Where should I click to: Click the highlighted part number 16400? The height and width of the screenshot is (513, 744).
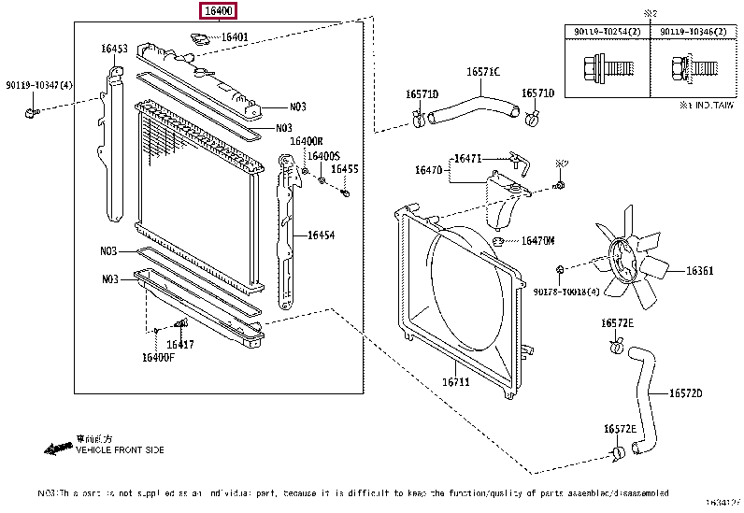click(x=217, y=11)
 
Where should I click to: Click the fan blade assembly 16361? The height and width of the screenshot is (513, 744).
click(x=636, y=264)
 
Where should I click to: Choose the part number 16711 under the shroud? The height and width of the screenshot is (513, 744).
click(x=454, y=381)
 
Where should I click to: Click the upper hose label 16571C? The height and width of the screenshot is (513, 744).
click(x=483, y=71)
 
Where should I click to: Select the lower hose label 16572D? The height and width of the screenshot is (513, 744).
click(x=685, y=392)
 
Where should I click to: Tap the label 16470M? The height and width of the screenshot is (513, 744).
click(x=537, y=240)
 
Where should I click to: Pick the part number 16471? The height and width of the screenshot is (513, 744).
click(x=467, y=159)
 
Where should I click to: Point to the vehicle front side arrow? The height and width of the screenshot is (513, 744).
click(x=57, y=449)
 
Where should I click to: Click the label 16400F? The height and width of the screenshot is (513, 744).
click(x=158, y=357)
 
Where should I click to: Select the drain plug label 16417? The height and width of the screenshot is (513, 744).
click(x=180, y=344)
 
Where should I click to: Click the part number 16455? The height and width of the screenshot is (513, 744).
click(x=346, y=169)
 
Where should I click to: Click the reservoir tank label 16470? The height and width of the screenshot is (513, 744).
click(x=428, y=170)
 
